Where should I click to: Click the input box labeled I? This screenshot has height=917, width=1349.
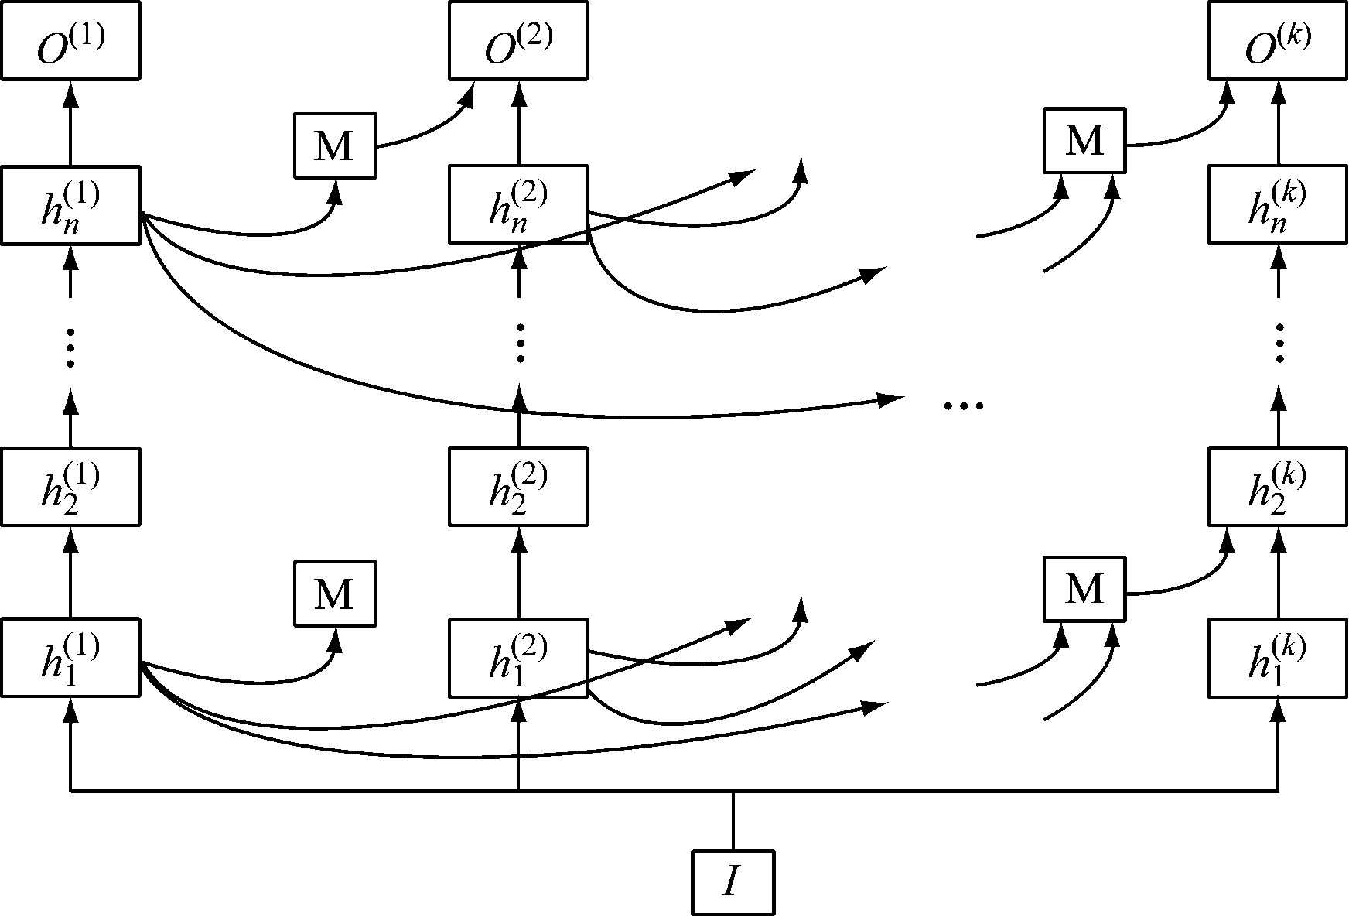(733, 882)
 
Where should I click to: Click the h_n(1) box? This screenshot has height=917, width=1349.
(70, 205)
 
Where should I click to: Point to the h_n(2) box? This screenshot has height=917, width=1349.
(517, 205)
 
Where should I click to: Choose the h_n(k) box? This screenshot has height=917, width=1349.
(1278, 205)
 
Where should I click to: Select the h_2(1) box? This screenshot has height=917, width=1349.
(70, 487)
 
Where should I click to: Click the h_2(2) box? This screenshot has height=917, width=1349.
(517, 487)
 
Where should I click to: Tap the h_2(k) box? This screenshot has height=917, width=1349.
(1278, 487)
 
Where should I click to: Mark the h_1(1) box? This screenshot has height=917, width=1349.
(70, 657)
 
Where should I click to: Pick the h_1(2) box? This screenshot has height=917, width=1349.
(517, 657)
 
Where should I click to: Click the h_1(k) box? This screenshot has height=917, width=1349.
(1278, 657)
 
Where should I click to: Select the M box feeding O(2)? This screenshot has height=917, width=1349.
(335, 145)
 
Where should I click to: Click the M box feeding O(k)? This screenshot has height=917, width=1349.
(1084, 140)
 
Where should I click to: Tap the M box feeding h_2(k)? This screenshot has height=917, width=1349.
(1084, 589)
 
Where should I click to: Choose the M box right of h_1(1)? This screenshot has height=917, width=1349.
(335, 594)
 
